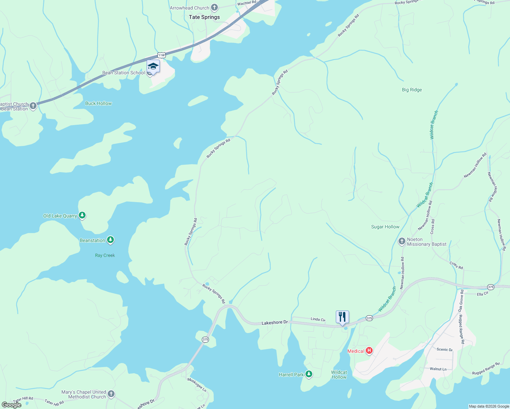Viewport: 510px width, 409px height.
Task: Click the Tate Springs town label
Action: tap(204, 17)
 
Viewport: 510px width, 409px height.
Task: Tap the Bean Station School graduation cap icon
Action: tap(153, 67)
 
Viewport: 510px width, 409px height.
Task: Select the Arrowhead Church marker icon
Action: tap(214, 7)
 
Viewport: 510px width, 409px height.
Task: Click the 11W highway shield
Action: tap(162, 55)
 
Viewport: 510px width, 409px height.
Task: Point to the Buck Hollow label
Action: tap(98, 103)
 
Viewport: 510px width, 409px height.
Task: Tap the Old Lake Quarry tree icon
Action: tap(82, 215)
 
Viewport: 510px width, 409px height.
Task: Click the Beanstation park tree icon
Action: tap(110, 240)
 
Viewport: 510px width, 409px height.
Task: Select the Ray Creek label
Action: tap(105, 255)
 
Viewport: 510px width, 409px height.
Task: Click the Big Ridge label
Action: tap(412, 90)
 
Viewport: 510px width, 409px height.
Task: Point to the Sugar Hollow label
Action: tap(385, 227)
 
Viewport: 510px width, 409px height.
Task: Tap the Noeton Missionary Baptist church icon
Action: tap(402, 241)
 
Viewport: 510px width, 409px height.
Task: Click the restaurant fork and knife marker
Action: tap(342, 317)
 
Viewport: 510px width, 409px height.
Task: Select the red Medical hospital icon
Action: tap(369, 351)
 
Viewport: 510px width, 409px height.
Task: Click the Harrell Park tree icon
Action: tap(309, 374)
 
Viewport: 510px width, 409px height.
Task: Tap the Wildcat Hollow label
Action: tap(339, 375)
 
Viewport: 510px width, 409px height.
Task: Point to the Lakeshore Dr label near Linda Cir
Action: tap(274, 322)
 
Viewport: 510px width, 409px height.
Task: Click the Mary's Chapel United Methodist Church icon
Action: tap(111, 394)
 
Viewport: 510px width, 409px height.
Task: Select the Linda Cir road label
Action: tap(318, 319)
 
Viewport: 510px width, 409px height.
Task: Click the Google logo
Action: tap(11, 405)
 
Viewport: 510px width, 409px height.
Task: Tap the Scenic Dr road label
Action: tap(445, 350)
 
